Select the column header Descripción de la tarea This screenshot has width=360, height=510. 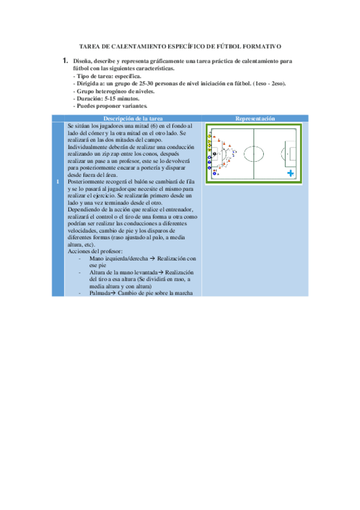click(132, 119)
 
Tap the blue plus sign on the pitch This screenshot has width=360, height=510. click(290, 173)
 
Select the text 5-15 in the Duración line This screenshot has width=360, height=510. click(111, 98)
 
